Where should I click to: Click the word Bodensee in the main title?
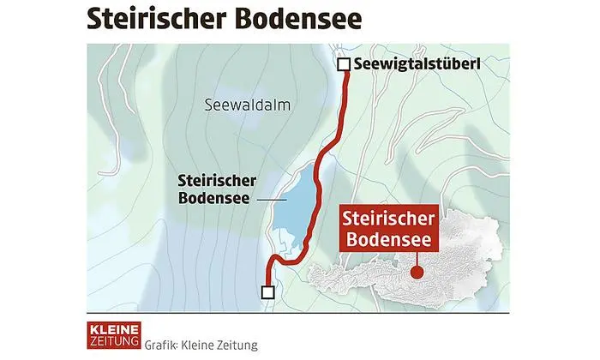point(299,18)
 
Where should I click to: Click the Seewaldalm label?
point(249,105)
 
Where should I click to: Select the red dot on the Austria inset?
point(417,273)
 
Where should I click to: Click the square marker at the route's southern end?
point(268,292)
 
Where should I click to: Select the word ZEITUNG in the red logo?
point(114,341)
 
